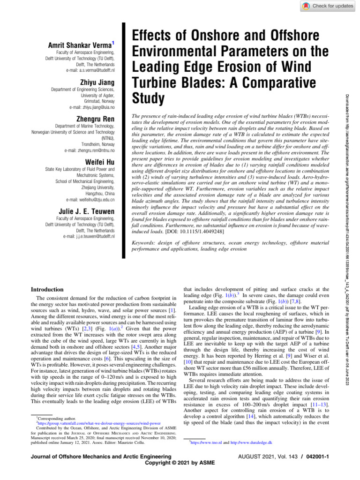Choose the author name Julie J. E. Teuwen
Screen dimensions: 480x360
(85, 212)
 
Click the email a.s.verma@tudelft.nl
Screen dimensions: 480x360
(87, 70)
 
